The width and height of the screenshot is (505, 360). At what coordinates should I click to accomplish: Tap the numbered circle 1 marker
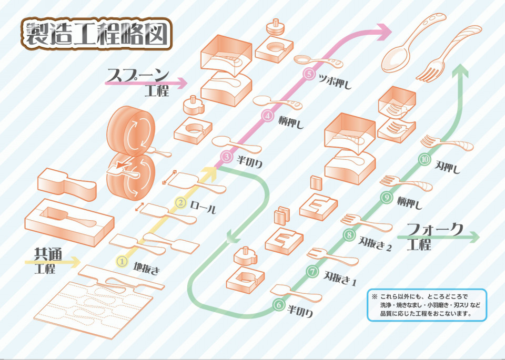[x=122, y=261]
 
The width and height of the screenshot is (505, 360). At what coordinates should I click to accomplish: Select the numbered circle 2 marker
[x=180, y=202]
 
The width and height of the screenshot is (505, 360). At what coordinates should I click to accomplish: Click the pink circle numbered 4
[x=268, y=115]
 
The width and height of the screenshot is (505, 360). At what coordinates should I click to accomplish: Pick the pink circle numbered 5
[x=309, y=74]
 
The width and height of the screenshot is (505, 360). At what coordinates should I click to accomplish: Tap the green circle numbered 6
[x=277, y=304]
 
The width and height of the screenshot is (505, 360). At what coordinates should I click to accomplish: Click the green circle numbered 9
[x=387, y=197]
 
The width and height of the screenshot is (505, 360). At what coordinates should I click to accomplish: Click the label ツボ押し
[x=335, y=81]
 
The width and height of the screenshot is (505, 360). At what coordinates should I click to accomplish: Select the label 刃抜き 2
[x=375, y=243]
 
